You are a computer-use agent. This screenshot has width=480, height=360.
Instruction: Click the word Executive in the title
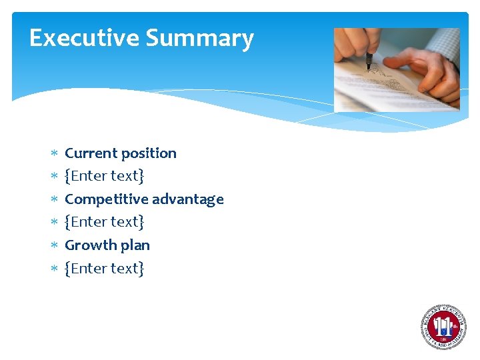tap(85, 38)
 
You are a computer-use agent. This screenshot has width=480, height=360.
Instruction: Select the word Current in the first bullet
tap(91, 153)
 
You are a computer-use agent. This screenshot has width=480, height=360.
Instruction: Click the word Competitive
tap(106, 199)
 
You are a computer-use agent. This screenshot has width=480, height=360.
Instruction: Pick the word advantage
tap(188, 200)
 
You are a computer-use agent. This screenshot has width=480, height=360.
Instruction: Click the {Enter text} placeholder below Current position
tap(105, 177)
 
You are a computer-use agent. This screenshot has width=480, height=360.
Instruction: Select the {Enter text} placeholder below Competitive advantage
tap(105, 222)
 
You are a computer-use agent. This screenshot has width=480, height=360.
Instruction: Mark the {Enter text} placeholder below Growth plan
tap(105, 269)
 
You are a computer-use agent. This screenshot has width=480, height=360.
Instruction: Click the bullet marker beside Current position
tap(54, 154)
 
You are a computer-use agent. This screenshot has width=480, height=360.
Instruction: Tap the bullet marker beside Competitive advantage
tap(54, 199)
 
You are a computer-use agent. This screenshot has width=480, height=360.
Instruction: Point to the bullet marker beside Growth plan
tap(54, 245)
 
